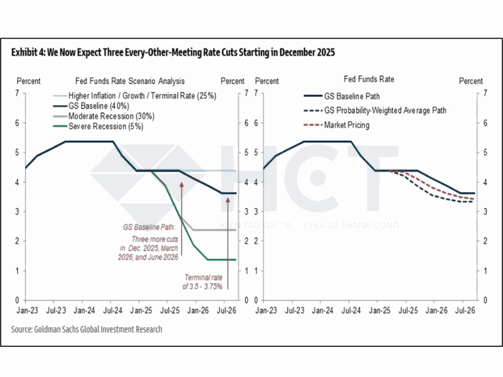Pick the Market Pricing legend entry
(346, 125)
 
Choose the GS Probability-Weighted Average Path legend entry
(385, 111)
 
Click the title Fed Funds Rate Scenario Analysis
(130, 81)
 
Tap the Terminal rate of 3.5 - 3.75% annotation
(203, 281)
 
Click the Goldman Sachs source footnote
(87, 329)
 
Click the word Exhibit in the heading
(26, 53)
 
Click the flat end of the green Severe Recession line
(223, 260)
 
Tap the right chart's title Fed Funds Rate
(369, 80)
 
